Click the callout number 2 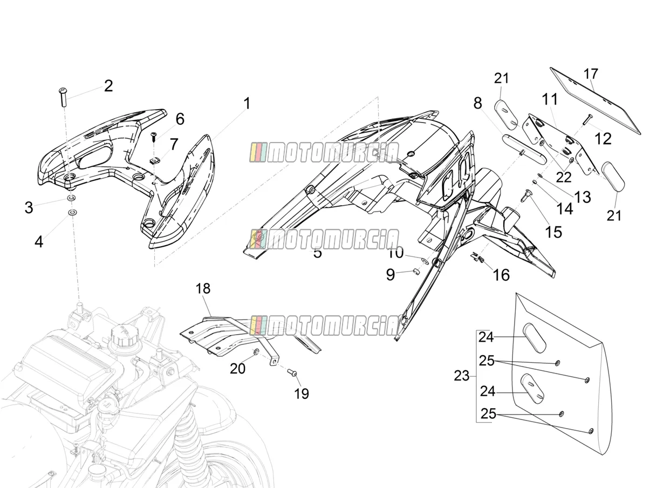click(x=108, y=86)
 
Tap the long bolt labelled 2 click(x=63, y=97)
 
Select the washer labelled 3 click(x=71, y=198)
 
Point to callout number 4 click(x=39, y=242)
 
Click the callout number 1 click(x=247, y=104)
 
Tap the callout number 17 click(x=591, y=74)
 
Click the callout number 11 click(x=550, y=99)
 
